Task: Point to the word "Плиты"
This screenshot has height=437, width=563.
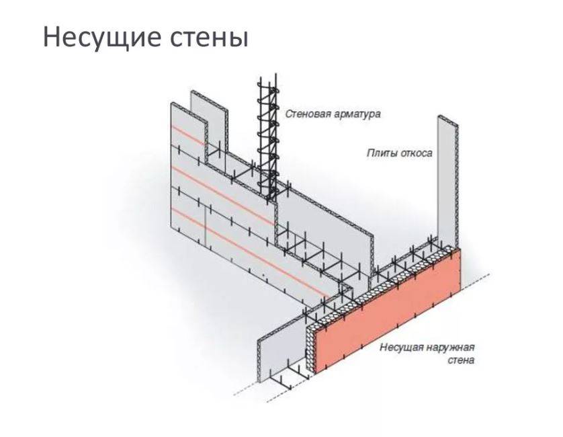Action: coord(380,153)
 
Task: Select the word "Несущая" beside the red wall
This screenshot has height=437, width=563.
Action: coord(402,348)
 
